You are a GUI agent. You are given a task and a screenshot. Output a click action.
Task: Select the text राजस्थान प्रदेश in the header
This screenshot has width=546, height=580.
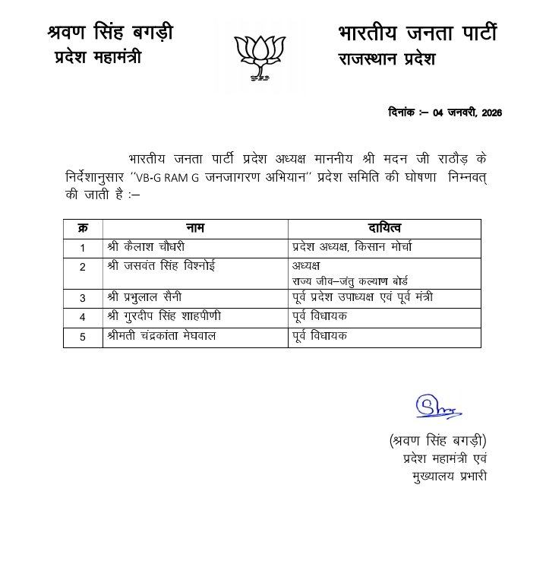(x=387, y=59)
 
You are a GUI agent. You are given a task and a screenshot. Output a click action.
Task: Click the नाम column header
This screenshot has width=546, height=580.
(x=195, y=229)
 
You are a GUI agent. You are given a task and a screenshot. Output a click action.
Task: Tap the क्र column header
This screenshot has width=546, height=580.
(x=82, y=229)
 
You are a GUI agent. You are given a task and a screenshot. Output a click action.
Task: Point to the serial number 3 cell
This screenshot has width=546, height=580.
(x=82, y=296)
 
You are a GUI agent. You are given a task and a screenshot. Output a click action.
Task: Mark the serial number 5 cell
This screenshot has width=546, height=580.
(x=82, y=338)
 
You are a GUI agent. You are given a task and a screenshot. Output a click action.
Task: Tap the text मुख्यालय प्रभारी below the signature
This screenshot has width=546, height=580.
(x=444, y=477)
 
